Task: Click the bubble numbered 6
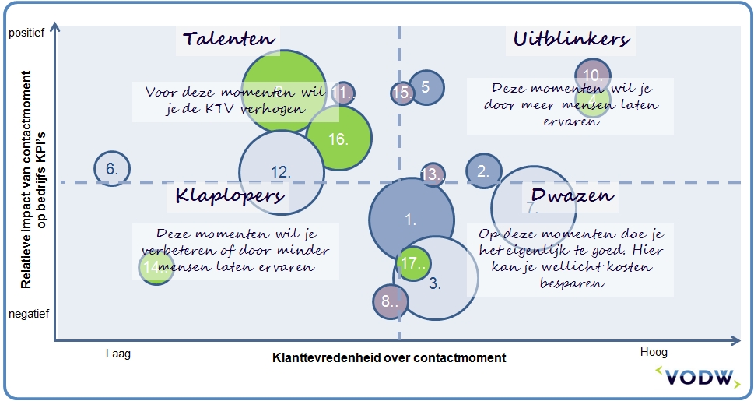111,168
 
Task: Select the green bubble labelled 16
338,138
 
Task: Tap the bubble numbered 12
280,172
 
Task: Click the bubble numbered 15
402,93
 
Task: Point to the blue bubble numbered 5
426,87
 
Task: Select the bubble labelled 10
593,76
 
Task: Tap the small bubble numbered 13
433,175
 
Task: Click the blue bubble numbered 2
484,172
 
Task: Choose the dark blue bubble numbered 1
411,219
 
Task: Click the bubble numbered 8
390,302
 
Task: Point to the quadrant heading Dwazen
573,195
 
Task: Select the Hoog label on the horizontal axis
653,353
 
